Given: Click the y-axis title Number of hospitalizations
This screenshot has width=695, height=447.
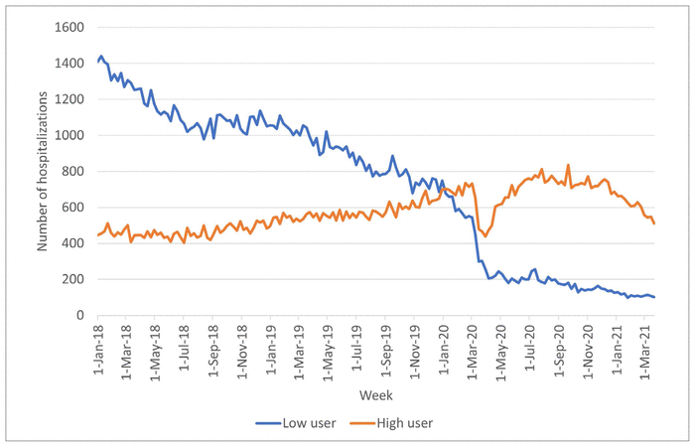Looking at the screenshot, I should tap(43, 171).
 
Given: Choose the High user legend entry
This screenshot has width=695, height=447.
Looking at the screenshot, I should tap(404, 423).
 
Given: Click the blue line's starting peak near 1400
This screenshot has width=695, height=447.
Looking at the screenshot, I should tap(101, 57).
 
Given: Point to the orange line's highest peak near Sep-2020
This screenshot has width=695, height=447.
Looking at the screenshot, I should tap(568, 165).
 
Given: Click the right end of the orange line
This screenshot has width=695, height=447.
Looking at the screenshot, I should tap(654, 223).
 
